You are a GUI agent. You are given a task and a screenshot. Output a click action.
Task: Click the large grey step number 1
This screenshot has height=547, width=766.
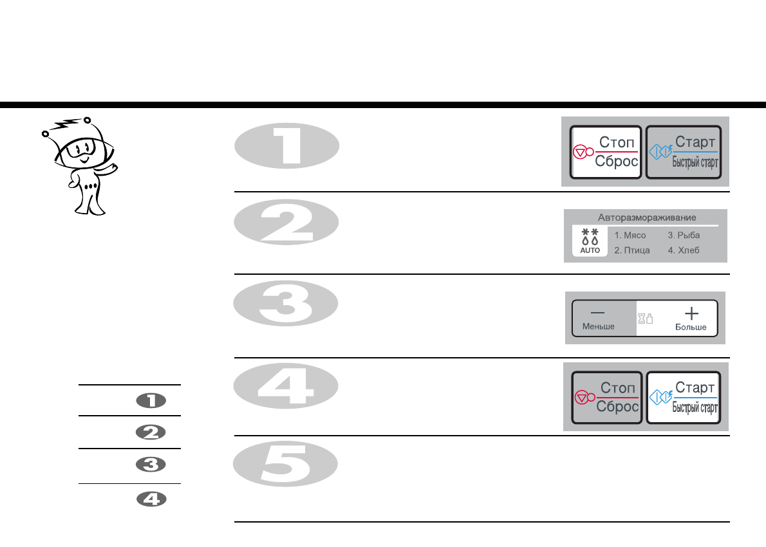click(286, 147)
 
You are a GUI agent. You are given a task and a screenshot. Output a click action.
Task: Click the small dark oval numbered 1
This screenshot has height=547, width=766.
click(151, 401)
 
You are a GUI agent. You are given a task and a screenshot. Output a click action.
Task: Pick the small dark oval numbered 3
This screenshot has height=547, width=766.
click(151, 465)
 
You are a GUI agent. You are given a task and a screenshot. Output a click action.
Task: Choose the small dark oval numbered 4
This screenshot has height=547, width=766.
click(151, 499)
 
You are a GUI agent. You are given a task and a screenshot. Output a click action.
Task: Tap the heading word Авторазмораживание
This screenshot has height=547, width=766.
click(645, 218)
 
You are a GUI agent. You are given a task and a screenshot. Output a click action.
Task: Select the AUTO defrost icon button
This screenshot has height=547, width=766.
click(590, 241)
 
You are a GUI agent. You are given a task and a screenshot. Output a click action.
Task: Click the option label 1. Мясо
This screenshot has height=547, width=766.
click(630, 236)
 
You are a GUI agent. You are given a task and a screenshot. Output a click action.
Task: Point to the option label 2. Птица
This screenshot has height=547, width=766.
click(631, 250)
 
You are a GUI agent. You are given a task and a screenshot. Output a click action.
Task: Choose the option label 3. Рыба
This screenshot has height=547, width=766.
click(684, 236)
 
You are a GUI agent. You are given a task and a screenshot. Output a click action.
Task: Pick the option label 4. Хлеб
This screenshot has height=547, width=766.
click(684, 250)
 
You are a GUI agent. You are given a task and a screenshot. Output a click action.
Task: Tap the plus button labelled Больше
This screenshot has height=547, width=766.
click(691, 318)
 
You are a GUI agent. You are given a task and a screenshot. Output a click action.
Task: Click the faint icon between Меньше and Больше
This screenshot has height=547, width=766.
click(645, 319)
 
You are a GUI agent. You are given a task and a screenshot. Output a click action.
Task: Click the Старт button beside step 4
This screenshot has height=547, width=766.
click(683, 397)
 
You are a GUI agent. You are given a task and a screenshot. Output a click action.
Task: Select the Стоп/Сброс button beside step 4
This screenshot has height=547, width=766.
click(607, 397)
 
